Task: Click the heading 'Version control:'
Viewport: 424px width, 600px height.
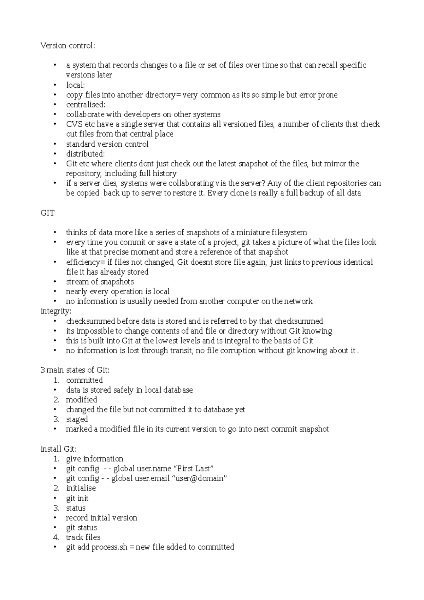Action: (x=68, y=46)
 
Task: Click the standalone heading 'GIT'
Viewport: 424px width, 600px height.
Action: (x=48, y=213)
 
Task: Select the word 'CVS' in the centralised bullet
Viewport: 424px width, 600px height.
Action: (x=73, y=124)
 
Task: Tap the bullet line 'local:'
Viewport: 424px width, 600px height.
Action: (x=75, y=85)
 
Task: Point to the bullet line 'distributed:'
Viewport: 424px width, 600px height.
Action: (x=85, y=154)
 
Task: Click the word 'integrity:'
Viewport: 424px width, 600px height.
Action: (x=56, y=311)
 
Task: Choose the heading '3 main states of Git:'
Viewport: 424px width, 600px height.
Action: (x=75, y=370)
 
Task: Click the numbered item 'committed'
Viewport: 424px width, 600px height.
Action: (x=84, y=380)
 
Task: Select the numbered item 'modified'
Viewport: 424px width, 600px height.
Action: (x=81, y=400)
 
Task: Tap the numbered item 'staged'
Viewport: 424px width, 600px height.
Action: (x=77, y=419)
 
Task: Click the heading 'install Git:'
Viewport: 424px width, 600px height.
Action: (x=59, y=449)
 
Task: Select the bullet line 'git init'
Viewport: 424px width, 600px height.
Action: (x=77, y=498)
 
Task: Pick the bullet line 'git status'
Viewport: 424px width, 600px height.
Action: (x=81, y=528)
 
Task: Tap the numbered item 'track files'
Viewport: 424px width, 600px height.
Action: (x=83, y=537)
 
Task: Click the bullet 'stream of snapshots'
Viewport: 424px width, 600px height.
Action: (x=100, y=282)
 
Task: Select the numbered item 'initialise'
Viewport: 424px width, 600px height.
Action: (x=81, y=488)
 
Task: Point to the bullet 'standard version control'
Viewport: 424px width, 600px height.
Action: (x=107, y=144)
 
